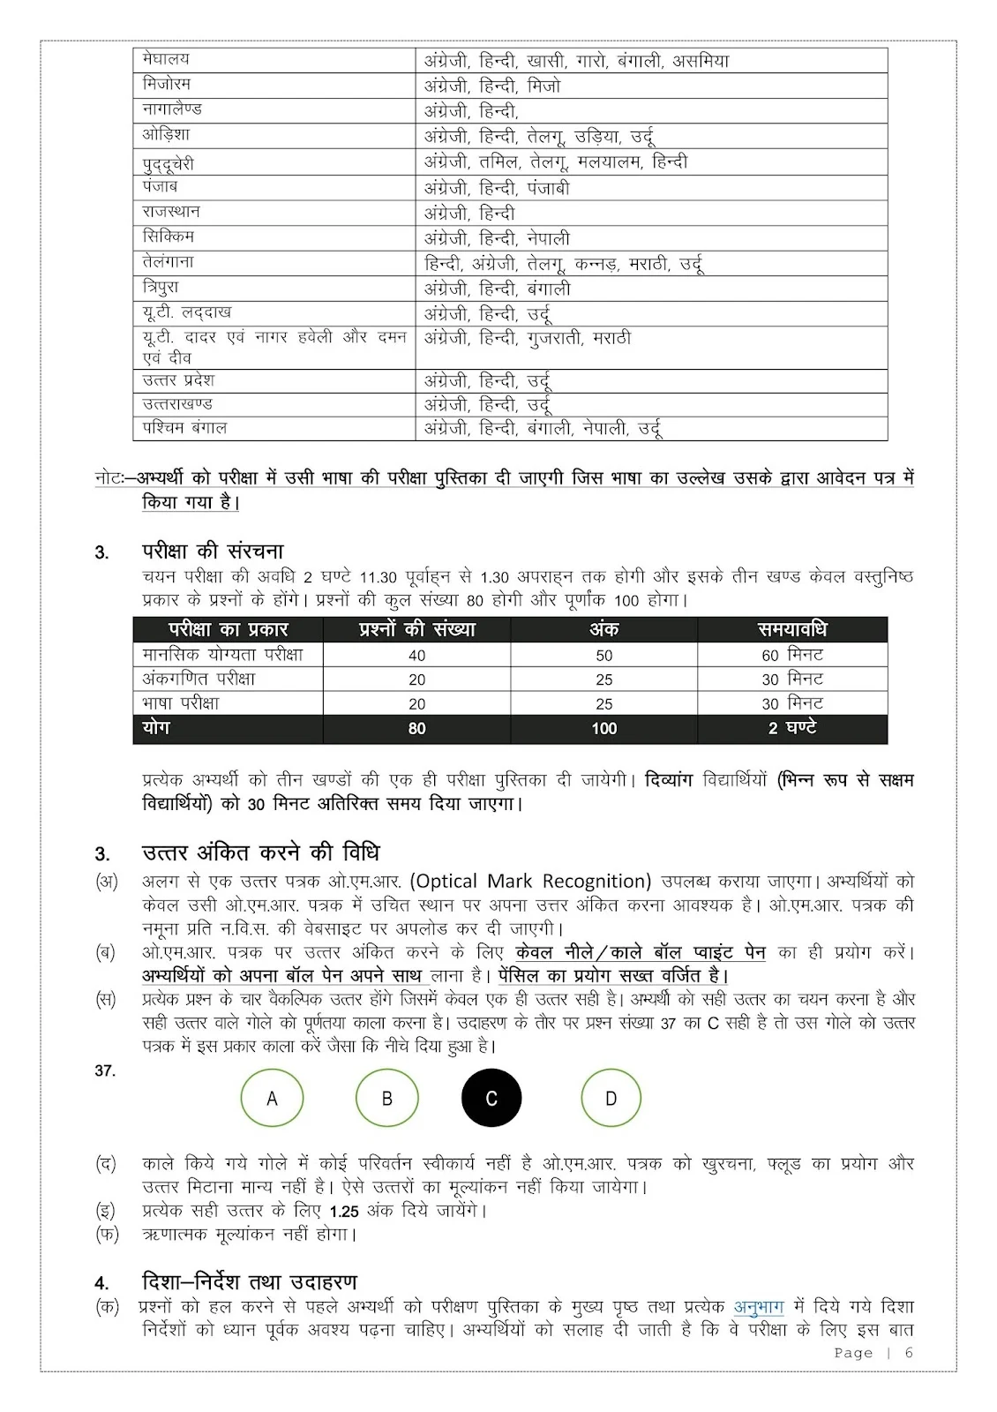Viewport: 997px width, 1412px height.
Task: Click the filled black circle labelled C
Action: tap(491, 1099)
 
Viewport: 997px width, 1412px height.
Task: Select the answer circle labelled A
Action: tap(272, 1099)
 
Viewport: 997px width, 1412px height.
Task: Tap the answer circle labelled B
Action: tap(386, 1099)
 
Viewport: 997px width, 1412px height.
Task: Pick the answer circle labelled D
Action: tap(611, 1099)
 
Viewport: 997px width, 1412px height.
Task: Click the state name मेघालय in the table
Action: tap(166, 60)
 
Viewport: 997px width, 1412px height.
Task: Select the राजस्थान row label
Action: tap(171, 212)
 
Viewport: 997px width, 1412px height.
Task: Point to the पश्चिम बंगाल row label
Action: tap(184, 428)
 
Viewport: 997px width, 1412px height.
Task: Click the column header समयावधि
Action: tap(792, 629)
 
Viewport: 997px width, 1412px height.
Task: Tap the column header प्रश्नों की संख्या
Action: tap(416, 629)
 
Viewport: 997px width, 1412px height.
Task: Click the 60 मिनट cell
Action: tap(792, 655)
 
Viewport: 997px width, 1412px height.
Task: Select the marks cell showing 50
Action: tap(603, 656)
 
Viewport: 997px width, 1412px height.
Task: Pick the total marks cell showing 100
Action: tap(603, 729)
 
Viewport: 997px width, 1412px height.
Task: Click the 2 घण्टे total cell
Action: tap(792, 728)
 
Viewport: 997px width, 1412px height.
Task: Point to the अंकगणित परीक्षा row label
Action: tap(199, 679)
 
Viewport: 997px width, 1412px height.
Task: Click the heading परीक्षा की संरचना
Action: tap(213, 552)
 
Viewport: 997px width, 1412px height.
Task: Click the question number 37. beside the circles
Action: tap(105, 1070)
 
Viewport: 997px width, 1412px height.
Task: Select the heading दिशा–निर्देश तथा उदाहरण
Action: tap(249, 1281)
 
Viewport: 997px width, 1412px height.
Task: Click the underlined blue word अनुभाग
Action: tap(759, 1307)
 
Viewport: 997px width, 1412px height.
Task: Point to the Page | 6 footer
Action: tap(873, 1353)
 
